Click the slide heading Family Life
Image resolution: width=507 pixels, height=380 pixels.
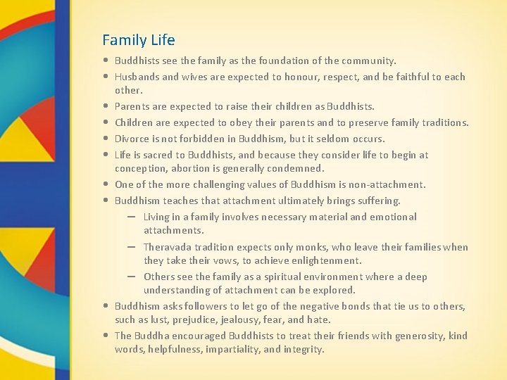[x=139, y=40]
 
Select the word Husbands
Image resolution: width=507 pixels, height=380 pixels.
[x=137, y=77]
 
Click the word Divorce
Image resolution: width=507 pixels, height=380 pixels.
[x=133, y=139]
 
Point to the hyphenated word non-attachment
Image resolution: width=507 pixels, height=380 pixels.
[x=389, y=184]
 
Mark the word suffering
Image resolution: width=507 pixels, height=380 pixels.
[x=375, y=201]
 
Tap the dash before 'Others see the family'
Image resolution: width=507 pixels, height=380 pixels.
[x=132, y=277]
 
